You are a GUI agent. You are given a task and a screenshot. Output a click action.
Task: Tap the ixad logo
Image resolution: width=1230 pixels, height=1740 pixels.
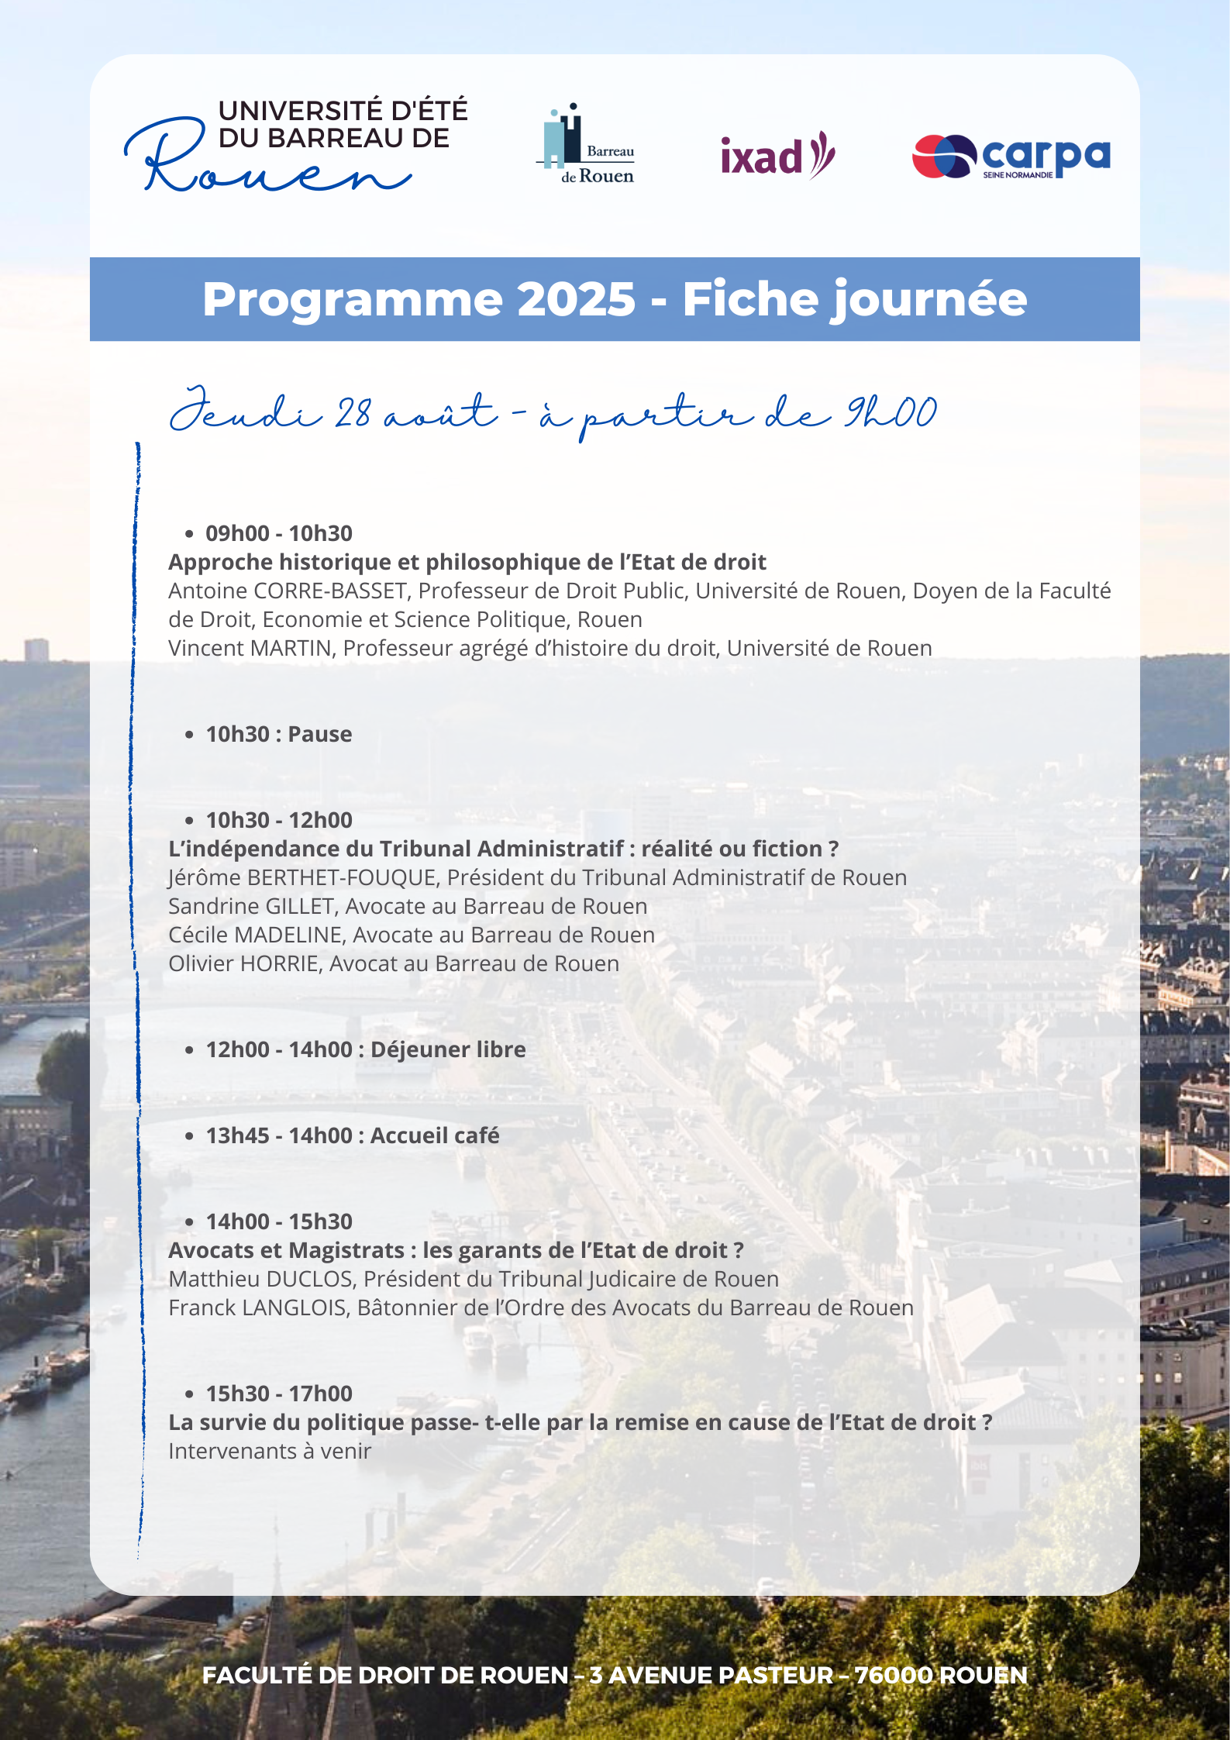(777, 155)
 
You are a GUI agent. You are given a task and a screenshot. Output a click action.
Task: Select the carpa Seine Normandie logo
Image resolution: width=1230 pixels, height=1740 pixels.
(1011, 156)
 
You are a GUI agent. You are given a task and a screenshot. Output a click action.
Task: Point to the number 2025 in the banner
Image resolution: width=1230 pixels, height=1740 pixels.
(576, 299)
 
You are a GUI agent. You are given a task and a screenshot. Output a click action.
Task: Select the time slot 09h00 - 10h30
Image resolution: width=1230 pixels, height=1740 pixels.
(278, 533)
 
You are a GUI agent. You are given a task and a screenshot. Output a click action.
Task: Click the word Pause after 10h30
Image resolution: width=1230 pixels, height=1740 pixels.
(319, 734)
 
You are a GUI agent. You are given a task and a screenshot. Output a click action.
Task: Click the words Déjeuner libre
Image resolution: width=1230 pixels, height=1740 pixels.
(448, 1049)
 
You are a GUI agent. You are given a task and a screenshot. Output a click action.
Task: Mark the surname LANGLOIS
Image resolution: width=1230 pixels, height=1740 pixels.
(295, 1308)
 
